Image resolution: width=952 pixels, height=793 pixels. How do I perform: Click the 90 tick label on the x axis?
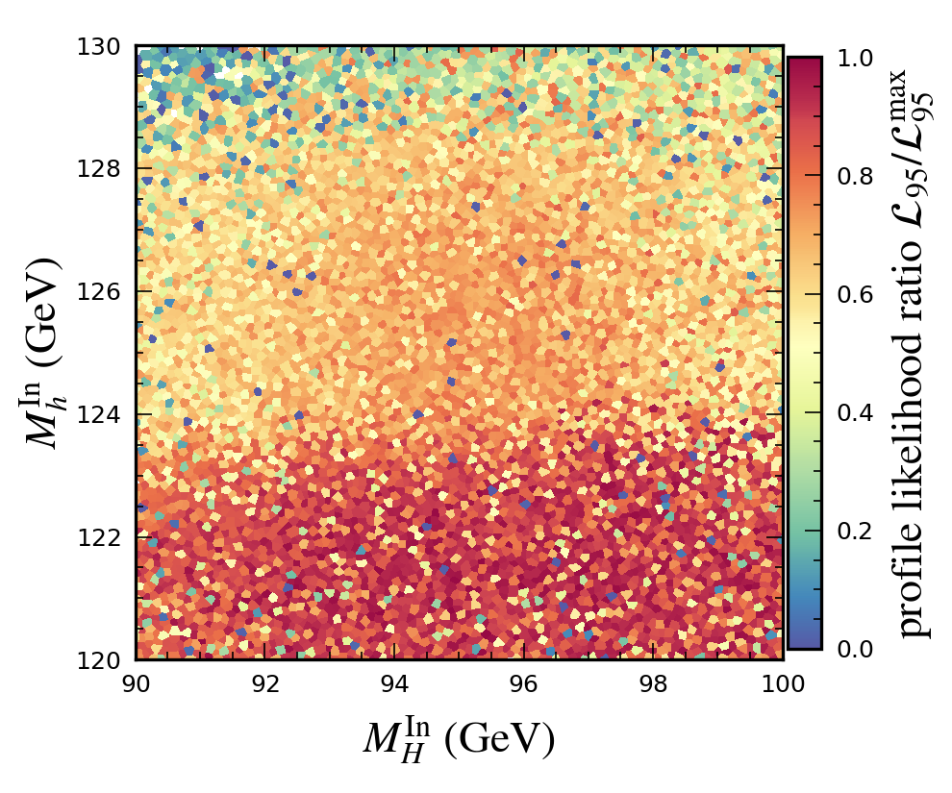coord(136,682)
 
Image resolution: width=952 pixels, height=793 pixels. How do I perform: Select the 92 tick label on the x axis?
coord(265,682)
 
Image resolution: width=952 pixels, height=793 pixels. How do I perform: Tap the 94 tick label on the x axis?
coord(395,682)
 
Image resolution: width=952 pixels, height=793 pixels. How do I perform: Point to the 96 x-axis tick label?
coord(524,682)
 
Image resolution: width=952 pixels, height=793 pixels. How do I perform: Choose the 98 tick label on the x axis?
coord(654,682)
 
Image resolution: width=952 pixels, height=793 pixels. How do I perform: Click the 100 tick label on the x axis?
coord(783,682)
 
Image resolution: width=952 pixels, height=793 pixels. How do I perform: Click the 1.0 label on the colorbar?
coord(855,58)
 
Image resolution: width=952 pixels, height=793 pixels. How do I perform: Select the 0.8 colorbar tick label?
coord(855,176)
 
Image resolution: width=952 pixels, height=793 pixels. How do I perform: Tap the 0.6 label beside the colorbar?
coord(855,294)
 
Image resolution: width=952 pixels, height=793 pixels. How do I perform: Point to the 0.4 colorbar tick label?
coord(855,412)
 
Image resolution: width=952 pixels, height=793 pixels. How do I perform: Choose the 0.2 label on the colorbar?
coord(855,531)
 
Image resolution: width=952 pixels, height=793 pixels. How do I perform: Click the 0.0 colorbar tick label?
coord(855,649)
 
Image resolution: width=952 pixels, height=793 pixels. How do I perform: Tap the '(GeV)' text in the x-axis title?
coord(506,739)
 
